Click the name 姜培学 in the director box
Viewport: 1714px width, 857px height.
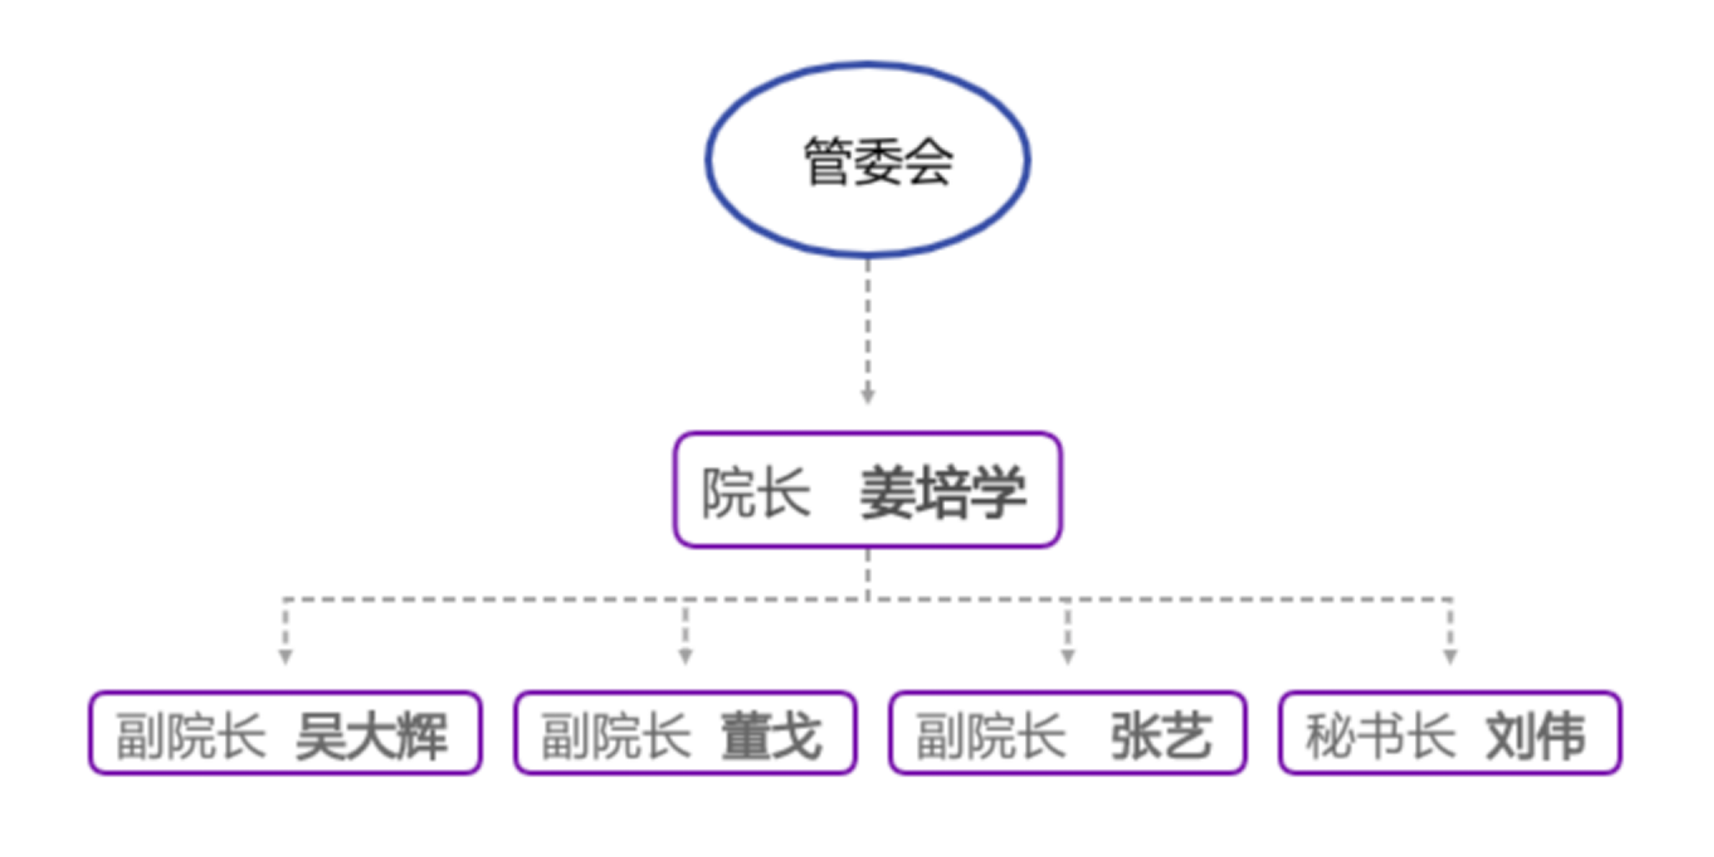[943, 492]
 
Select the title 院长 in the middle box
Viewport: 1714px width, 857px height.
[756, 492]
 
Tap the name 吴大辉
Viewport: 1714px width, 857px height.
[372, 736]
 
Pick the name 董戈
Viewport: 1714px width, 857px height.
[771, 736]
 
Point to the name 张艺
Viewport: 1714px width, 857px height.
[1161, 736]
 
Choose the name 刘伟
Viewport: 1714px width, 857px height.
[1536, 736]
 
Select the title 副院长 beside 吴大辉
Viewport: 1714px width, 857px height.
[190, 736]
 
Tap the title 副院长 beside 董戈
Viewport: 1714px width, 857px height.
[616, 736]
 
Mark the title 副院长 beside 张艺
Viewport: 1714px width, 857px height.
[990, 736]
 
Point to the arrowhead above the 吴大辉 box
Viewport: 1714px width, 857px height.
[285, 656]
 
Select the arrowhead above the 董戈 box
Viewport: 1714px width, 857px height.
[685, 656]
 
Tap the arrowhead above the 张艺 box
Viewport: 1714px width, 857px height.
[1068, 656]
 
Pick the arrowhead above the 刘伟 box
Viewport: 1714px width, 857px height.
[1450, 656]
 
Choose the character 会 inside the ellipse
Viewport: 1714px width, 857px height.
[929, 162]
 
